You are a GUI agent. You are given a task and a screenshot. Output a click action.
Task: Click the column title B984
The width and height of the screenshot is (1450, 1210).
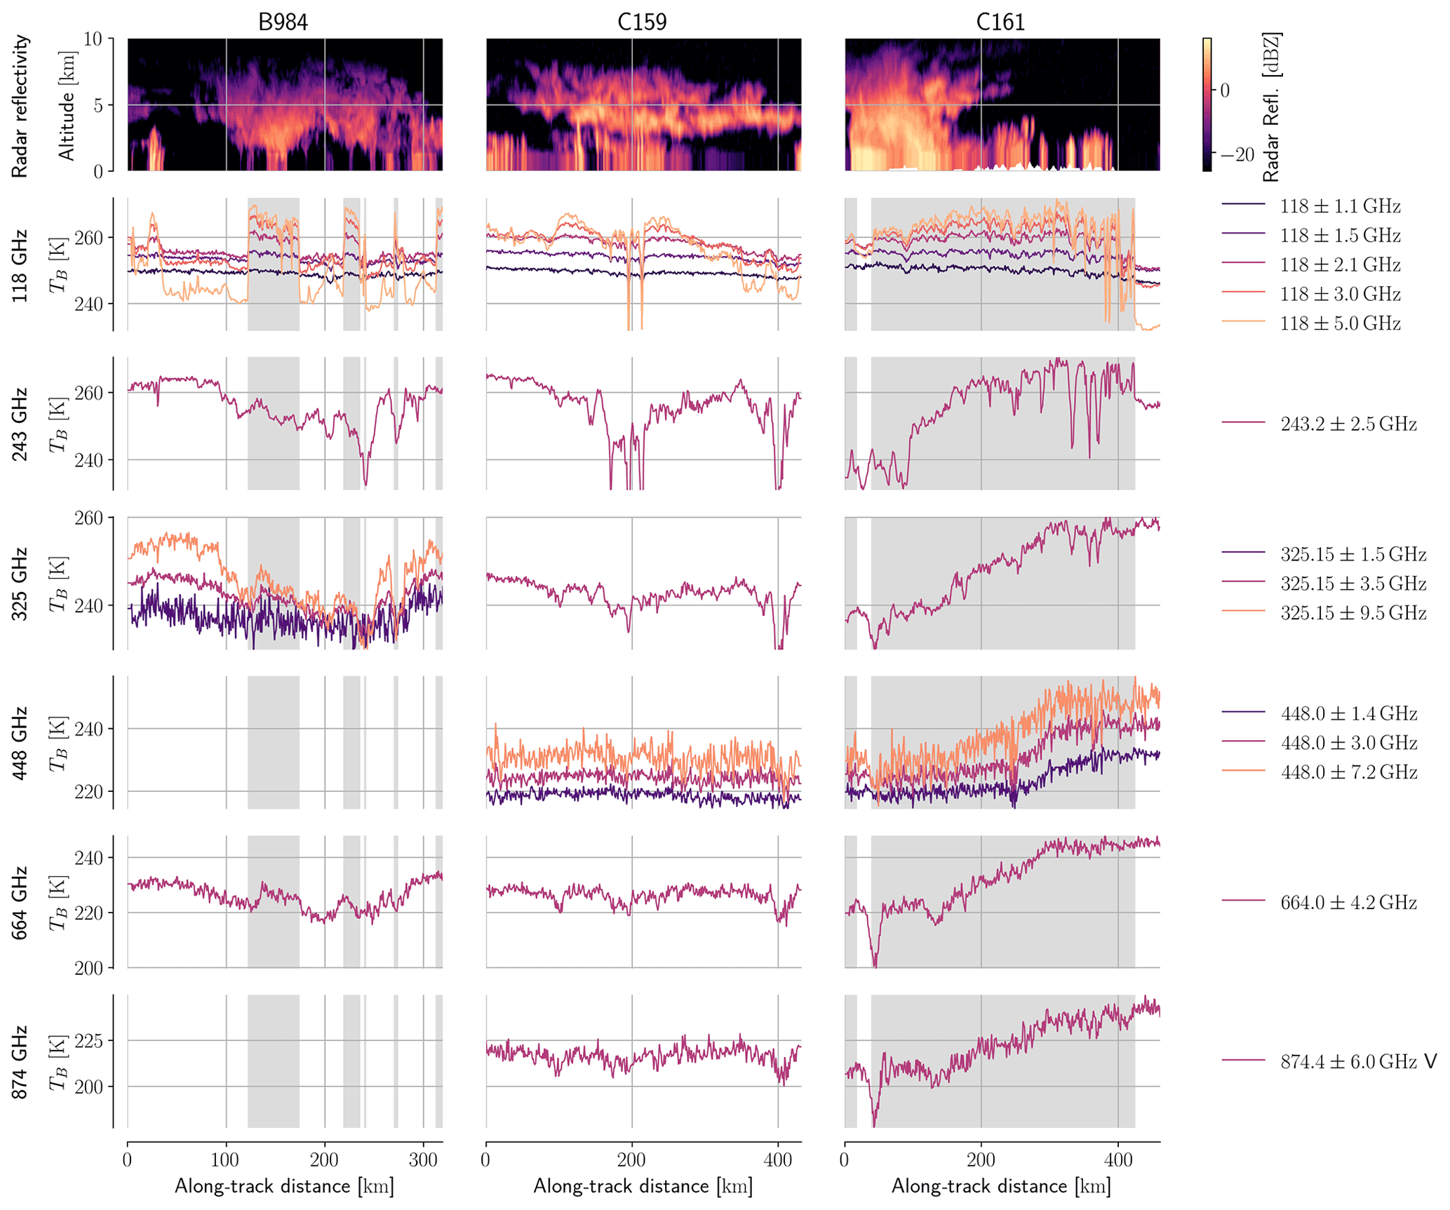[283, 22]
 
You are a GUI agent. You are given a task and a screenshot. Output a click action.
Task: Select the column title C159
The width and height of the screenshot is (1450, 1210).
[642, 22]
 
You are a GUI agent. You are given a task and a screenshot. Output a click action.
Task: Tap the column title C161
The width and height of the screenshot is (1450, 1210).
[1000, 22]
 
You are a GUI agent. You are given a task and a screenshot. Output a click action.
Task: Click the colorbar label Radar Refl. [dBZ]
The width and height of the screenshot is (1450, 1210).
[1272, 107]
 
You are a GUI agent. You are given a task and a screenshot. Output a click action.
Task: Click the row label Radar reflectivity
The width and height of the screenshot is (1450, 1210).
[20, 106]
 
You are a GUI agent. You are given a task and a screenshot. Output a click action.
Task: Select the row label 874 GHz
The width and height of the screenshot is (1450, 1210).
[20, 1061]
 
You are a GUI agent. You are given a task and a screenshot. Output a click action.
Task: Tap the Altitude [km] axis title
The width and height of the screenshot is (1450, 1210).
[67, 106]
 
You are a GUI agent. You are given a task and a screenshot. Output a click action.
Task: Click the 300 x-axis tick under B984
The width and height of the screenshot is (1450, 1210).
[423, 1159]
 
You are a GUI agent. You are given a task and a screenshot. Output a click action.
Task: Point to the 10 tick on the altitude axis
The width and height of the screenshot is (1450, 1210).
[93, 39]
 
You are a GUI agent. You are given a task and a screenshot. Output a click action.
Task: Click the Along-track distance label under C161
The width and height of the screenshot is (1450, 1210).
[1001, 1186]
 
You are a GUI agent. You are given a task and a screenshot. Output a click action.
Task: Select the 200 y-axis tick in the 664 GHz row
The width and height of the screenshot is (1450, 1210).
[88, 969]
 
